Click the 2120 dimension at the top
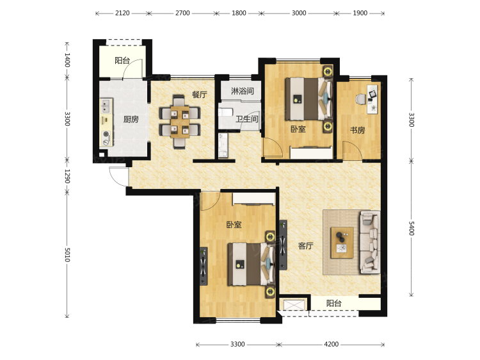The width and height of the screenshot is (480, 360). pyautogui.click(x=122, y=13)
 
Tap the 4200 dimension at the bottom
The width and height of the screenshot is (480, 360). pyautogui.click(x=332, y=345)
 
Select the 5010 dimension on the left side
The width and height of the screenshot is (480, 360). pyautogui.click(x=67, y=254)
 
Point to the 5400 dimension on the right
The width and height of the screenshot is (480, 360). pyautogui.click(x=411, y=229)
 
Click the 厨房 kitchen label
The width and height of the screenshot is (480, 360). pyautogui.click(x=131, y=119)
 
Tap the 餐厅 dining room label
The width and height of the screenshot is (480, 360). pyautogui.click(x=199, y=94)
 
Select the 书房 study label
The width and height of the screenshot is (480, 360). pyautogui.click(x=358, y=130)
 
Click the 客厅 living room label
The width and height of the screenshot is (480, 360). pyautogui.click(x=305, y=246)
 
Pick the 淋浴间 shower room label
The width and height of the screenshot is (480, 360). pyautogui.click(x=242, y=91)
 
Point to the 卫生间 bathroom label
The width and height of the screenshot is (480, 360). pyautogui.click(x=247, y=119)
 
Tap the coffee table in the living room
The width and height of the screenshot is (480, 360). pyautogui.click(x=342, y=243)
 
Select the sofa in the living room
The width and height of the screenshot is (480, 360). pyautogui.click(x=370, y=241)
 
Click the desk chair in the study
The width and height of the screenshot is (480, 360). pyautogui.click(x=360, y=99)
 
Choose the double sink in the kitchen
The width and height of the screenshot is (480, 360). pyautogui.click(x=106, y=106)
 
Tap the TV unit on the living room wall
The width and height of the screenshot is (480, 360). pyautogui.click(x=283, y=245)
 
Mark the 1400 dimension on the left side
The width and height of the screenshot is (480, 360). pyautogui.click(x=67, y=60)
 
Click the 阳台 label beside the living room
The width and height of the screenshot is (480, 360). pyautogui.click(x=333, y=304)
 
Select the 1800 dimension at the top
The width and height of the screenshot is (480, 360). pyautogui.click(x=239, y=13)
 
